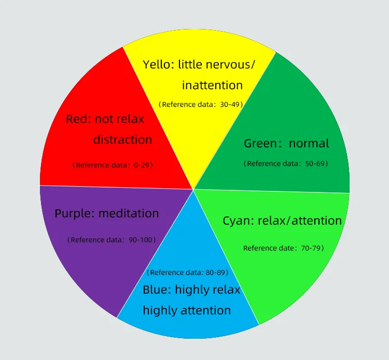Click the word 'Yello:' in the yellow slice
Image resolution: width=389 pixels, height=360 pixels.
[x=158, y=65]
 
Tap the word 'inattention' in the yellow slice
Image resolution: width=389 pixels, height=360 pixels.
[x=212, y=85]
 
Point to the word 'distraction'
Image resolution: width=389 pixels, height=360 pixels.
[x=122, y=140]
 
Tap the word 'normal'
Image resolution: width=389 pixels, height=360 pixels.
[x=309, y=143]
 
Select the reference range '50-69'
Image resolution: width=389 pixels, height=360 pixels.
[x=315, y=163]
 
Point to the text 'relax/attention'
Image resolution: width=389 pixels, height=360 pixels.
[x=306, y=221]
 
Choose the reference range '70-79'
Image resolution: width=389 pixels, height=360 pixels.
[x=311, y=248]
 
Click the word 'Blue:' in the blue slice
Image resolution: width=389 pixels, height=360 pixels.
[x=157, y=289]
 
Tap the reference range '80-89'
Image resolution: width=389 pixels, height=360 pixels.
[x=215, y=272]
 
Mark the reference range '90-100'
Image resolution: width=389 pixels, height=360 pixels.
[x=141, y=240]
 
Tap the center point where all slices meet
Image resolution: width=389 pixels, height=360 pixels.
[x=193, y=189]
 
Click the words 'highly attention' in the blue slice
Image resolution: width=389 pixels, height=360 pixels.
[x=187, y=310]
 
